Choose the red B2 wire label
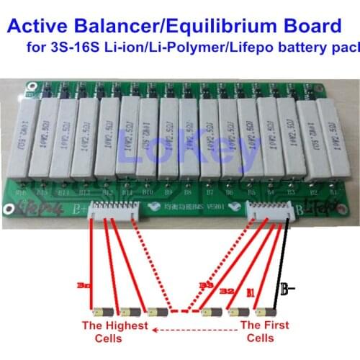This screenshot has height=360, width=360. coord(226,289)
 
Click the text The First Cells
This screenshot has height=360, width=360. coord(264,330)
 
